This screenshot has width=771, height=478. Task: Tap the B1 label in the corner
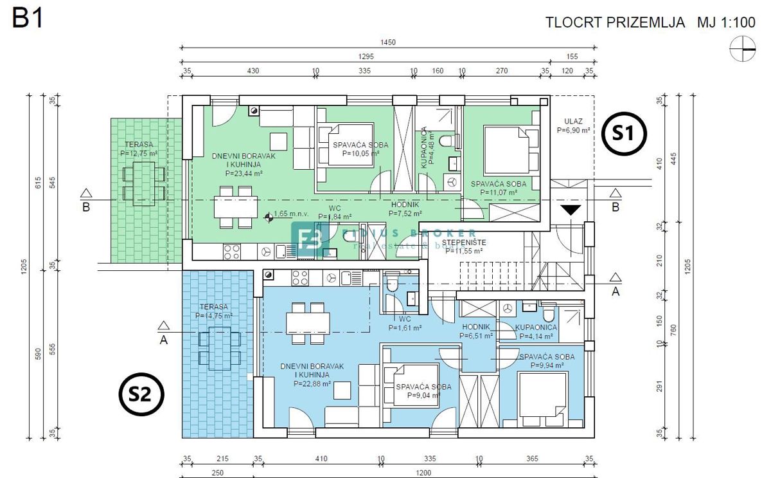pos(28,19)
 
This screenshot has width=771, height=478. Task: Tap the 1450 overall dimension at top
pos(387,42)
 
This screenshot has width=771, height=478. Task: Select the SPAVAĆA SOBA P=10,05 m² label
pos(360,149)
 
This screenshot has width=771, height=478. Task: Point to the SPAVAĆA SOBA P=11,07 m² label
pos(498,188)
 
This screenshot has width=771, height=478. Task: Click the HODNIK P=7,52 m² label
pos(406,209)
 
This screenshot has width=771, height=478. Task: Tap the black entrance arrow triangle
pos(571,210)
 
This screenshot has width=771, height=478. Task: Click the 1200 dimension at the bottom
pos(423,473)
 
